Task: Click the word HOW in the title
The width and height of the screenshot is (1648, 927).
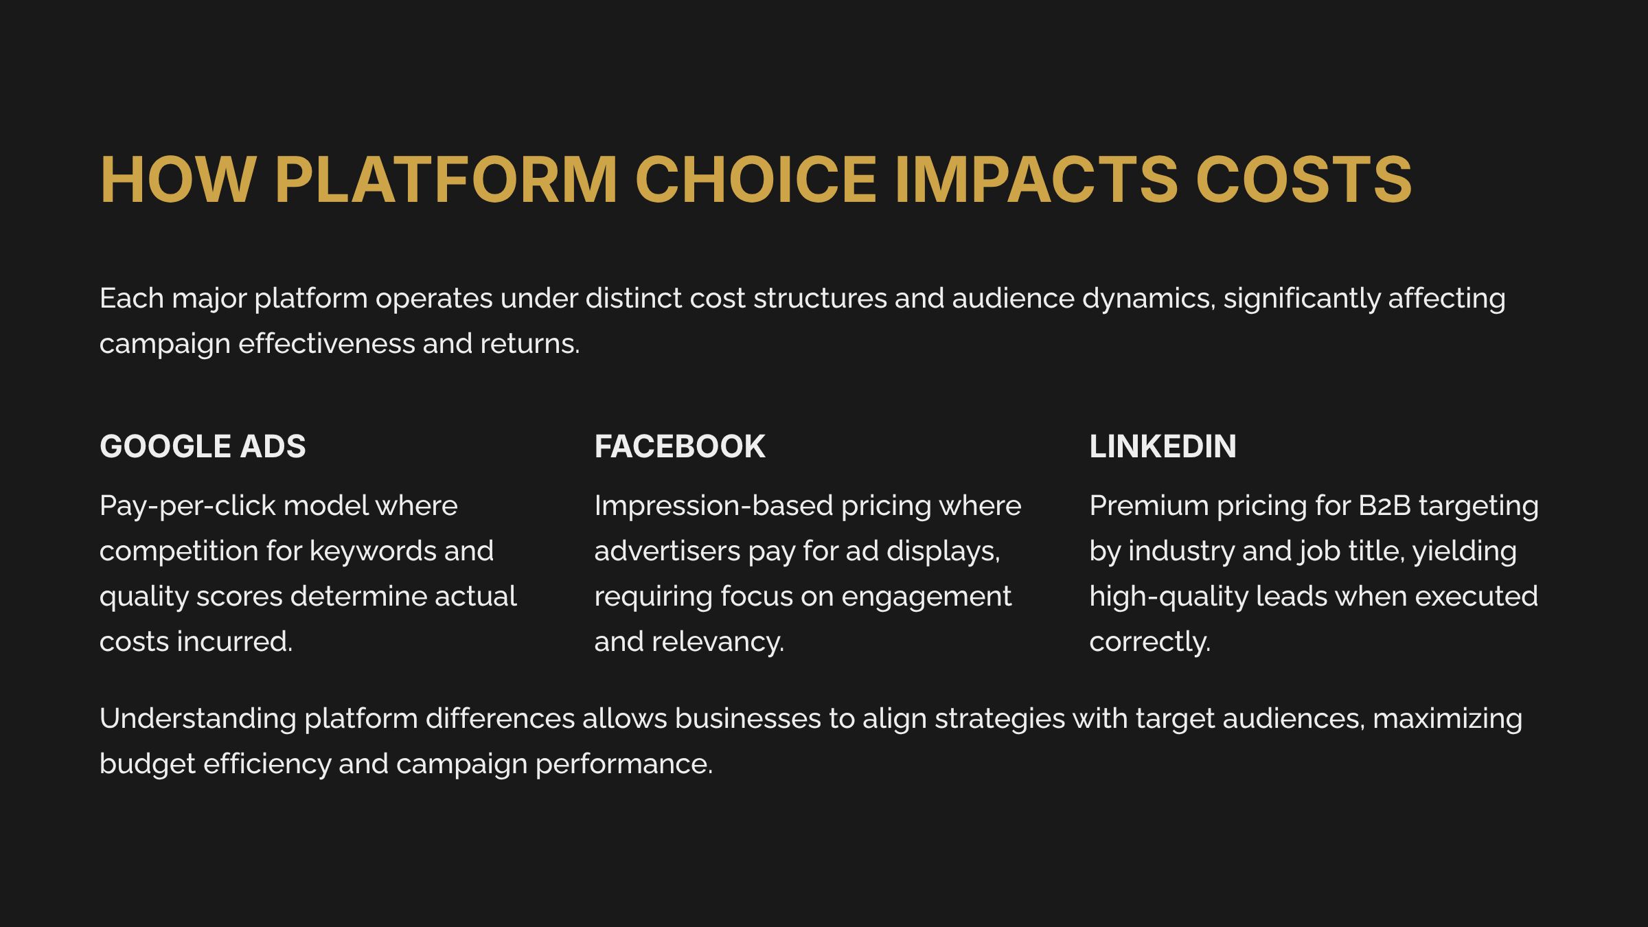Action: (178, 180)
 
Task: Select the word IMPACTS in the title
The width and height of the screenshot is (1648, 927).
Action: (1035, 180)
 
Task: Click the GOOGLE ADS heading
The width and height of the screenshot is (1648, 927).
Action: (203, 446)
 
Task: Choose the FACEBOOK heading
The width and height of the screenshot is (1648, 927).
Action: (679, 446)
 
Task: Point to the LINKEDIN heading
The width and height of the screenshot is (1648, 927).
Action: (1162, 446)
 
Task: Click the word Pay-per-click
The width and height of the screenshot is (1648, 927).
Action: (187, 506)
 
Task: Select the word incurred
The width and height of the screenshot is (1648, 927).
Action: (234, 642)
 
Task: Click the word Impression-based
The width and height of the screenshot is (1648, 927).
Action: (713, 506)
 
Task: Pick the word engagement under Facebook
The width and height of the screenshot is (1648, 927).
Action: (926, 597)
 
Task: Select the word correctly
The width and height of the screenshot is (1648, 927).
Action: (1149, 642)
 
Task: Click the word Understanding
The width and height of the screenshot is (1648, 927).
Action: (198, 719)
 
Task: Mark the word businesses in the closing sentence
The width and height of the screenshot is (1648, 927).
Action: (748, 719)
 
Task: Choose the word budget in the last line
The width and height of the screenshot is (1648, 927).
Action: (147, 764)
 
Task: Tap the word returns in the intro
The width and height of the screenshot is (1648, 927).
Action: (529, 344)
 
